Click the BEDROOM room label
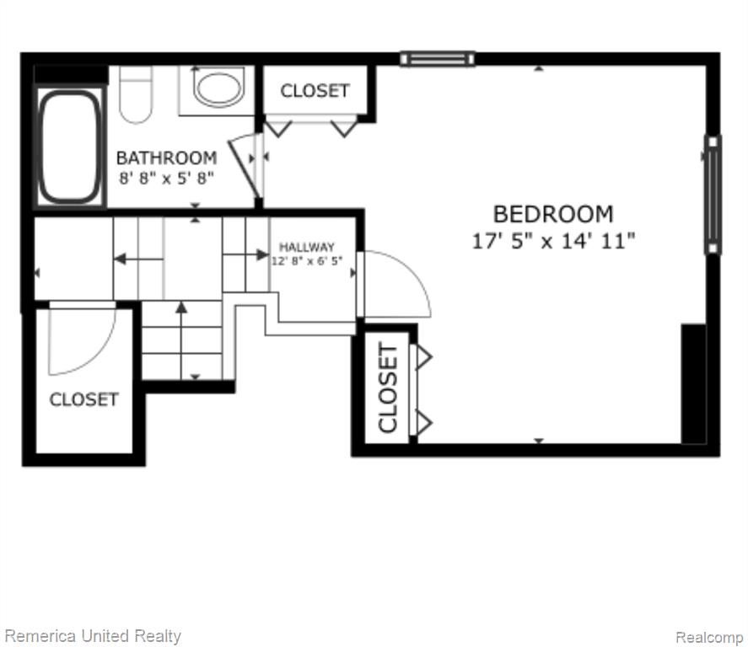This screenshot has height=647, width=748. click(x=553, y=214)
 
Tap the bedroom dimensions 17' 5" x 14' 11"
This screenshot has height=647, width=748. click(x=553, y=241)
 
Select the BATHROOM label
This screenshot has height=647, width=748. click(x=166, y=158)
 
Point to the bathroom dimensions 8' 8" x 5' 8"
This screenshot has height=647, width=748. click(x=166, y=179)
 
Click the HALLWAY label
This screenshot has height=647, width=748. click(x=307, y=247)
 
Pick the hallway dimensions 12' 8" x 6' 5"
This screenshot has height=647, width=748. click(x=307, y=261)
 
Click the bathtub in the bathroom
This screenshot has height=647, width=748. click(x=70, y=147)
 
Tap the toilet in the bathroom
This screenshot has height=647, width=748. click(x=136, y=94)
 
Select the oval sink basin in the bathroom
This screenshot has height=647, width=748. click(x=218, y=88)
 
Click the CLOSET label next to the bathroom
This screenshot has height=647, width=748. click(x=315, y=90)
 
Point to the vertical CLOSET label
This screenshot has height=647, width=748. click(x=387, y=387)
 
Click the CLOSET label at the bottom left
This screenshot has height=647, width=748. click(x=84, y=399)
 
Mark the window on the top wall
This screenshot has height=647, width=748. click(x=438, y=59)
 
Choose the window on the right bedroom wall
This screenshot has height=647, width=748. click(x=713, y=195)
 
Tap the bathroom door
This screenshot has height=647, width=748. click(x=245, y=166)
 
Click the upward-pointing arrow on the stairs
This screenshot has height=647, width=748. click(x=180, y=340)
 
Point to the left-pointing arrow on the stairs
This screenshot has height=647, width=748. click(x=138, y=259)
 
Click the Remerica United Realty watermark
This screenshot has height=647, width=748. click(x=93, y=636)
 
